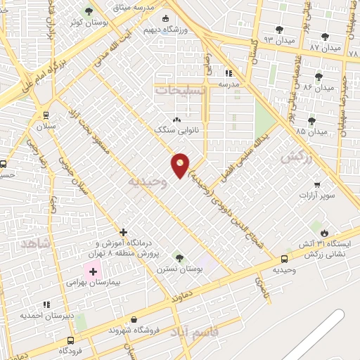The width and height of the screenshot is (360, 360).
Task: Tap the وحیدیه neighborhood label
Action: [147, 181]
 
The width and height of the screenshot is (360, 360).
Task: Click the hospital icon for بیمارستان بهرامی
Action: [93, 271]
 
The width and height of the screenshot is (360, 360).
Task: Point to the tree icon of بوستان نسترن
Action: [179, 258]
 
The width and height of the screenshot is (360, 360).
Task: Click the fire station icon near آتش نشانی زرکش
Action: [324, 233]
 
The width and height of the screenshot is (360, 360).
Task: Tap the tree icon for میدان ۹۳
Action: [279, 30]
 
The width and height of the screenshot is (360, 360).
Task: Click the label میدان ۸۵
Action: [312, 131]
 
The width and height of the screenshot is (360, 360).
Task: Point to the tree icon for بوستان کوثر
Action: [89, 11]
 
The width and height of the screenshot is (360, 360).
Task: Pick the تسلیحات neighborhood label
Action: [181, 91]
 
